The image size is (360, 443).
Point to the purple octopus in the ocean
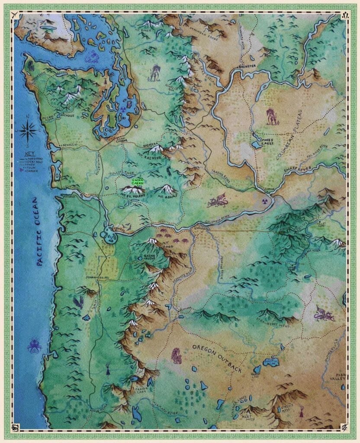(x=34, y=345)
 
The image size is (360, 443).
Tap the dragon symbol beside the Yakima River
(x=217, y=201)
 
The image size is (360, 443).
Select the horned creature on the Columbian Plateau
(x=272, y=116)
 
